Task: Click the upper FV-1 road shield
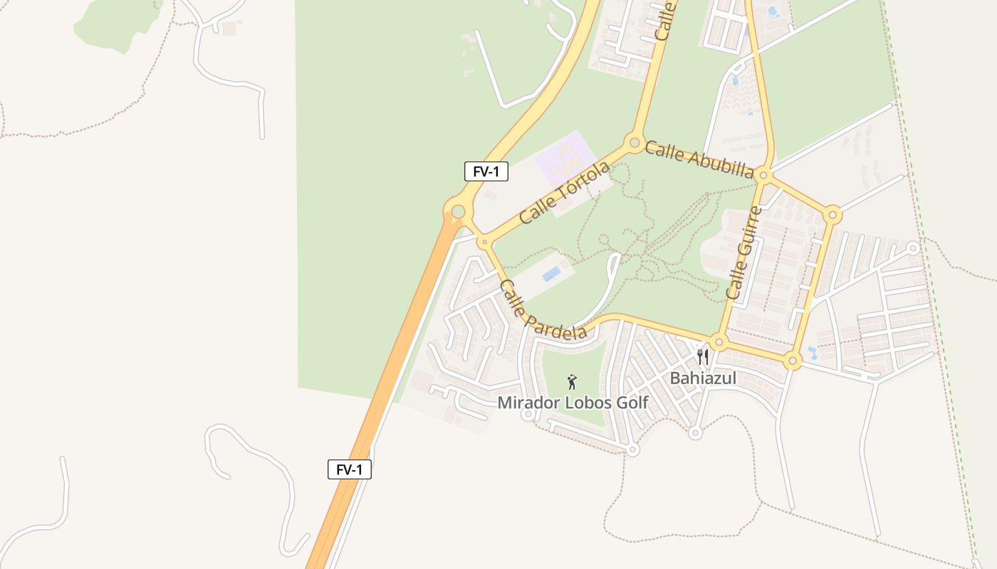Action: pyautogui.click(x=486, y=171)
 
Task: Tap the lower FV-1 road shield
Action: pyautogui.click(x=349, y=469)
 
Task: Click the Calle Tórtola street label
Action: pyautogui.click(x=565, y=192)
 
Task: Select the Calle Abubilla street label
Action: pyautogui.click(x=699, y=159)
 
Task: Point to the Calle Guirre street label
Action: pyautogui.click(x=743, y=252)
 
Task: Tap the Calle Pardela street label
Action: pyautogui.click(x=543, y=310)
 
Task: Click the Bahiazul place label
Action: pyautogui.click(x=703, y=378)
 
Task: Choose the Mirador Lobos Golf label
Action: pyautogui.click(x=573, y=403)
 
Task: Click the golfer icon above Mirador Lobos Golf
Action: pyautogui.click(x=571, y=383)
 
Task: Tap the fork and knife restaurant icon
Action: pyautogui.click(x=703, y=356)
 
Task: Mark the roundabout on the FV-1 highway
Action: pyautogui.click(x=458, y=211)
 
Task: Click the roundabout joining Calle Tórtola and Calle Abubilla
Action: pyautogui.click(x=634, y=143)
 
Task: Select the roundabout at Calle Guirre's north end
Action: pyautogui.click(x=763, y=174)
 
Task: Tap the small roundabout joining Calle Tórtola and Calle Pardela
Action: pyautogui.click(x=484, y=243)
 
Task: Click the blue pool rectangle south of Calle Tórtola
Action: pyautogui.click(x=550, y=274)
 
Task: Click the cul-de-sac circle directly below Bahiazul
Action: pyautogui.click(x=696, y=432)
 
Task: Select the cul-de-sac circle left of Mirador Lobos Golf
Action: pyautogui.click(x=528, y=415)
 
